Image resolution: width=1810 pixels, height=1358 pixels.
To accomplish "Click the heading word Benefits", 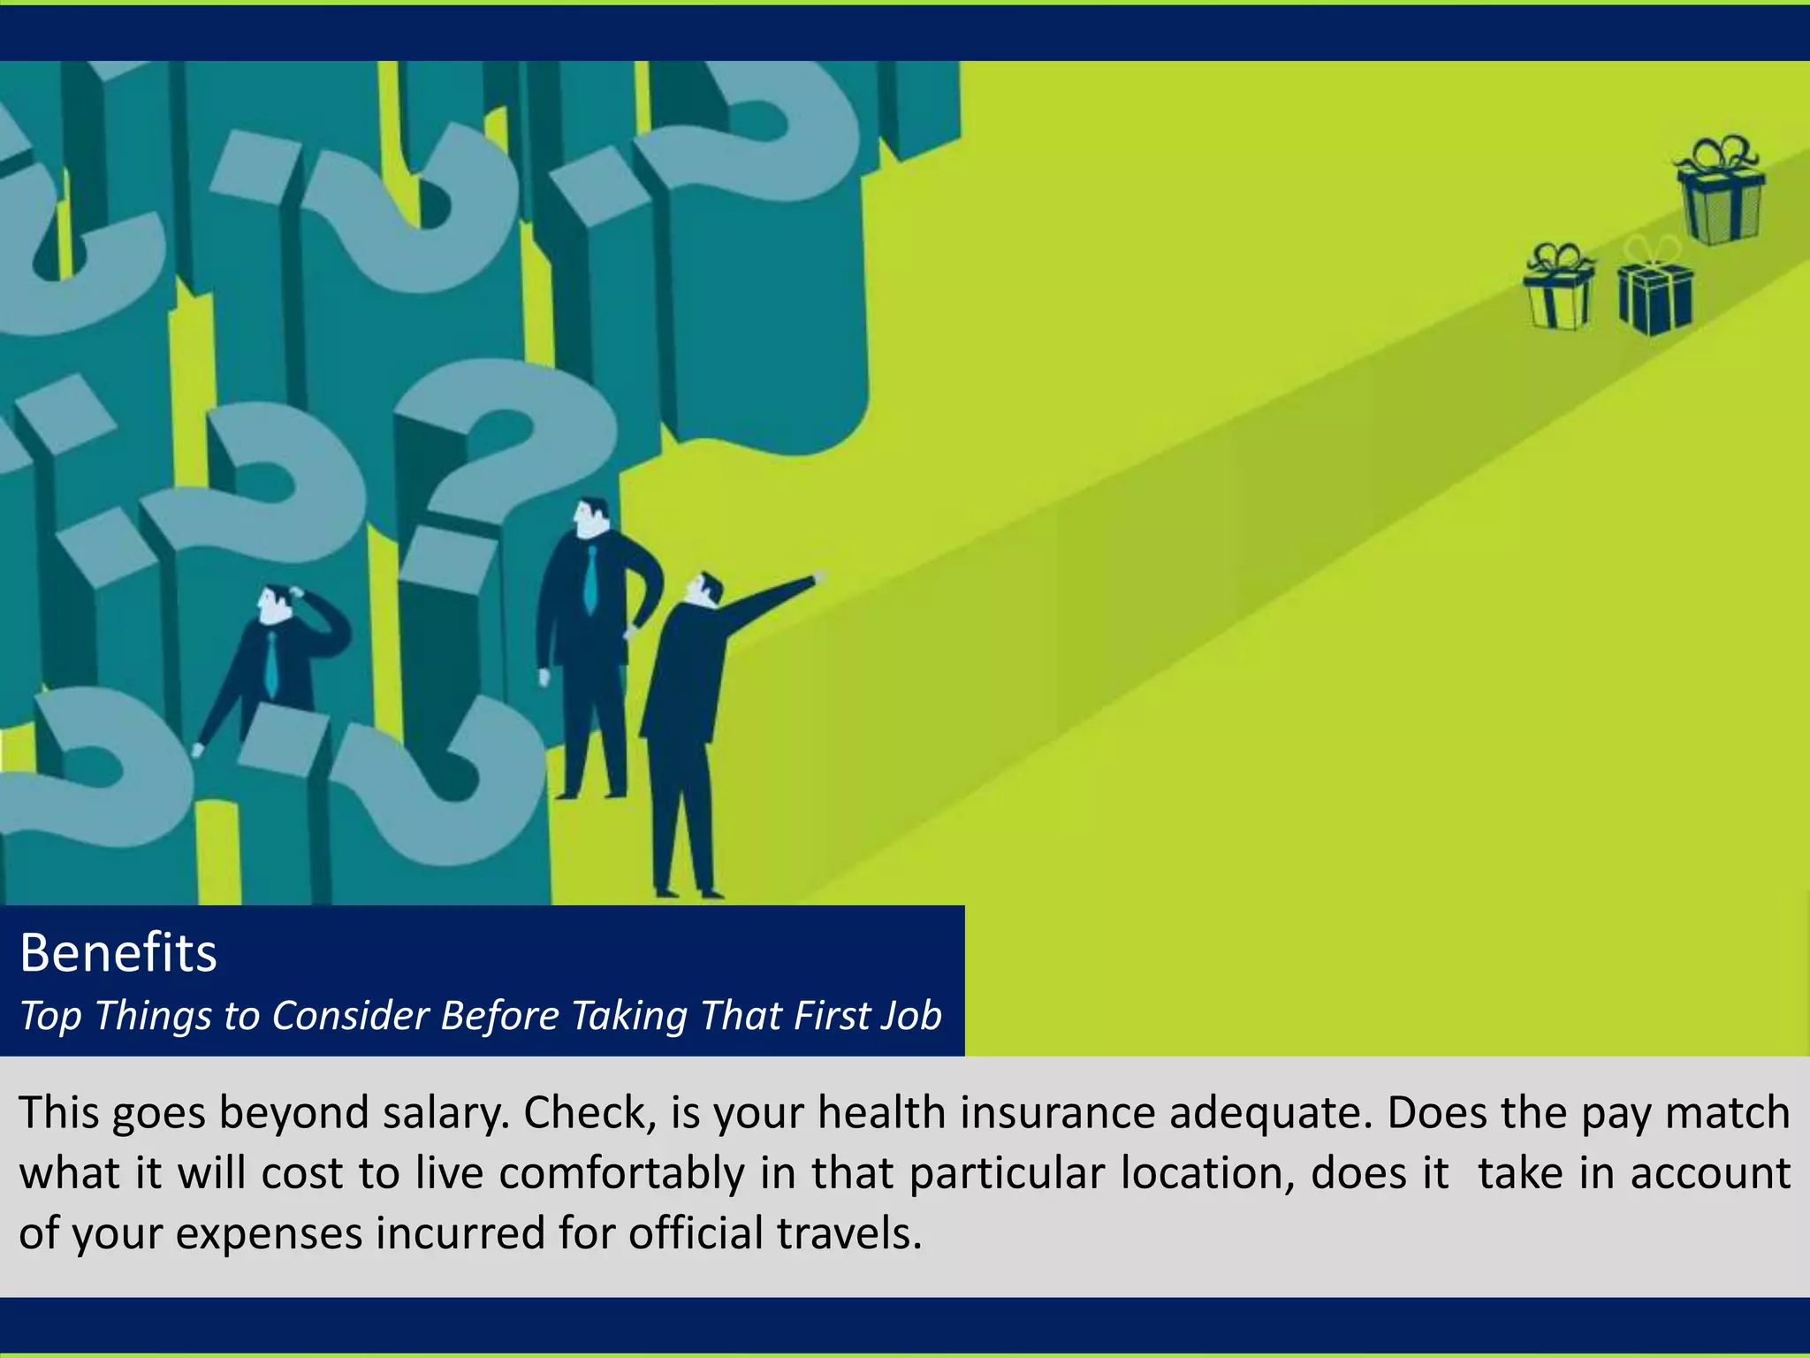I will point(118,953).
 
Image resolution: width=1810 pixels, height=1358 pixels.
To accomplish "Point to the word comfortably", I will point(621,1174).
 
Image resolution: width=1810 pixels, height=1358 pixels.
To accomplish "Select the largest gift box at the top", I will point(1720,193).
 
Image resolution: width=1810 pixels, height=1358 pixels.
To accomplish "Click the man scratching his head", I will point(274,663).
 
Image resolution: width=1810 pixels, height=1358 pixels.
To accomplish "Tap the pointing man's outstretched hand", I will point(818,577).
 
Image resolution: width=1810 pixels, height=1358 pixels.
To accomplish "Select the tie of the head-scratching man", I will point(270,665).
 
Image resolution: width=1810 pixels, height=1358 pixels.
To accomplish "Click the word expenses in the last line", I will point(270,1233).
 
